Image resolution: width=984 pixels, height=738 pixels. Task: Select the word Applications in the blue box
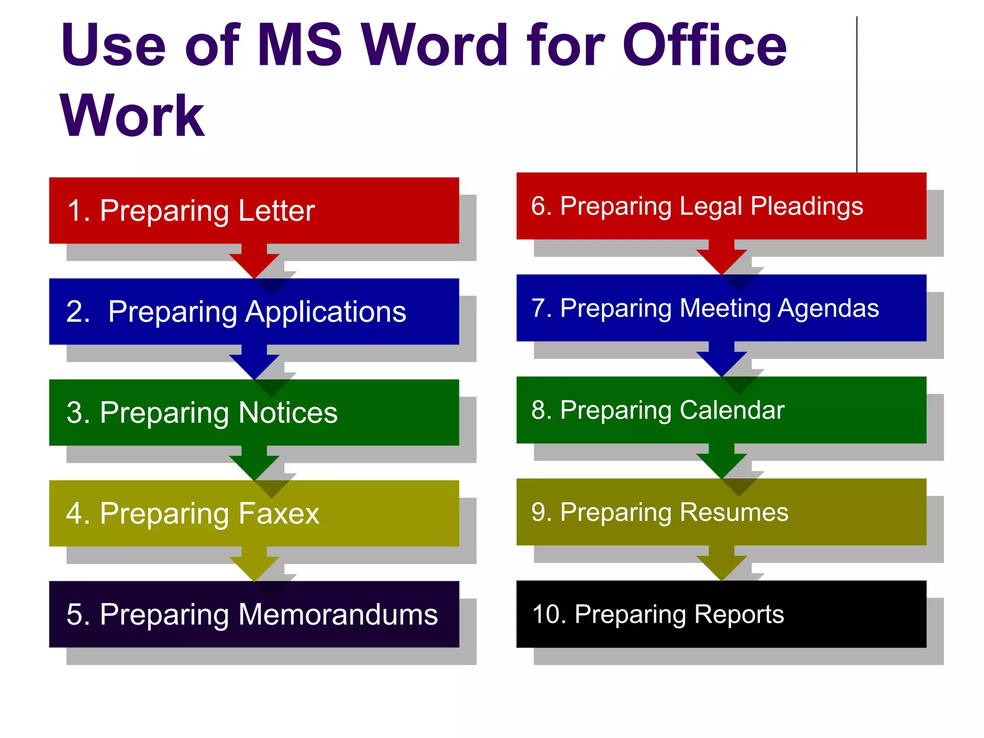pyautogui.click(x=326, y=312)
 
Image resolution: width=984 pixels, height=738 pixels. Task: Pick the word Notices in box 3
pyautogui.click(x=288, y=413)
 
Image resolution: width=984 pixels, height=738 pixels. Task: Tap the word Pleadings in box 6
pyautogui.click(x=807, y=206)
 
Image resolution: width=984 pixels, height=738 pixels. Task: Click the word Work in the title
pyautogui.click(x=132, y=116)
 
